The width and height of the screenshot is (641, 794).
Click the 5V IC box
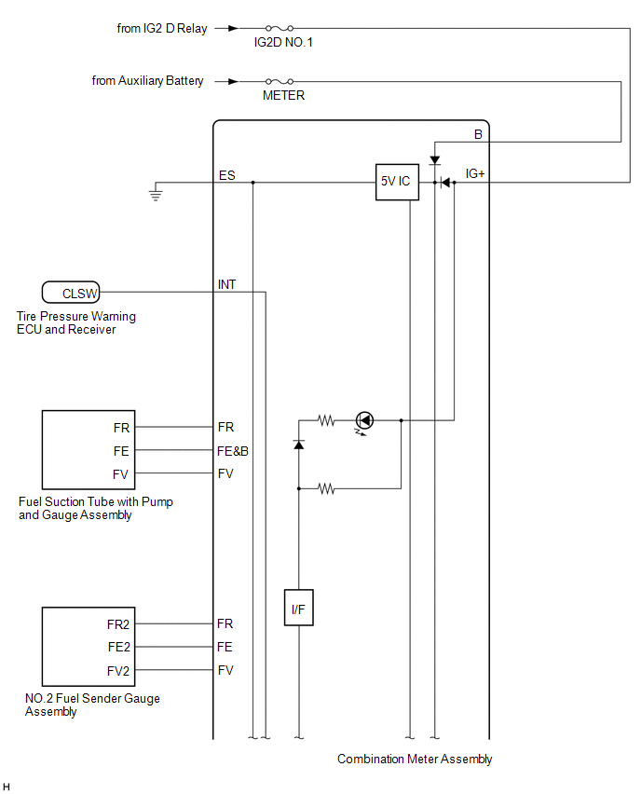coord(397,182)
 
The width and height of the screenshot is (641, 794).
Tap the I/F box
coord(299,607)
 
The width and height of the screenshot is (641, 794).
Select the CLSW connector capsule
coord(71,293)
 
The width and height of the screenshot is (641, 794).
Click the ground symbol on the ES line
coord(156,193)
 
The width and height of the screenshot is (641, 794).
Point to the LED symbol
coord(364,420)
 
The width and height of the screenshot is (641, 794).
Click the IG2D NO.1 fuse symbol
coord(280,28)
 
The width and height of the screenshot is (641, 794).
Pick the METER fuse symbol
coord(280,81)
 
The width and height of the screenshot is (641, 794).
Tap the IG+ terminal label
coord(475,173)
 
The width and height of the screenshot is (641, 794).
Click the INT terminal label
coord(226,284)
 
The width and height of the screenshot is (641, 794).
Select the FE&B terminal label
coord(233,451)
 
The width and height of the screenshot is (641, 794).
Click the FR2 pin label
coord(118,624)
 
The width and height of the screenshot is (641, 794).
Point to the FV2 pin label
coord(118,671)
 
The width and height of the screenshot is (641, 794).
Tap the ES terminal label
coord(226,175)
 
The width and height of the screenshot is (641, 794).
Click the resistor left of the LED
coord(327,420)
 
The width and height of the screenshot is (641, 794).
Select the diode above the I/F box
coord(299,445)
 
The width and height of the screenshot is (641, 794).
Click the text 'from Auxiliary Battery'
coord(147,80)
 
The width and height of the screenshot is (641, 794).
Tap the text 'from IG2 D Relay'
coord(162,28)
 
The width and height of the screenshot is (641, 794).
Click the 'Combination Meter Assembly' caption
coord(415,759)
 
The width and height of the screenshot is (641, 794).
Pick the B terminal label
coord(478,134)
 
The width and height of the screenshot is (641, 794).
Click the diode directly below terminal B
coord(434,160)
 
